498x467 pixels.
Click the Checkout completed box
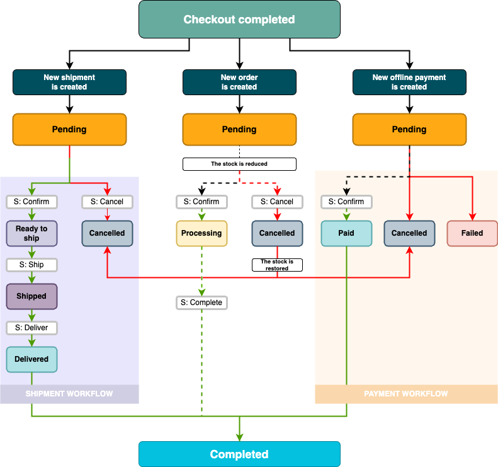(x=239, y=19)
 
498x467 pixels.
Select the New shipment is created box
(x=69, y=82)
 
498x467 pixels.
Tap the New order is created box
(x=239, y=82)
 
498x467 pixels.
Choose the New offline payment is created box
(x=409, y=82)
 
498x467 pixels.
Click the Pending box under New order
(x=239, y=129)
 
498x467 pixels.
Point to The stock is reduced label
(x=239, y=164)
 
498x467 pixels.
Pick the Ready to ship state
(x=31, y=233)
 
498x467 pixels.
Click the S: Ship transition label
(x=31, y=265)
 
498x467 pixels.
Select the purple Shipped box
(x=31, y=296)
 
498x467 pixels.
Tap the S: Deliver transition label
(x=31, y=328)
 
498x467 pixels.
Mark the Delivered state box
(x=31, y=359)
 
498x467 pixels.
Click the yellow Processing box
(x=201, y=233)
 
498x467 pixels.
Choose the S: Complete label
(x=201, y=303)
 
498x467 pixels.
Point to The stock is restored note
(x=277, y=265)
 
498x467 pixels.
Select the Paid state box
(x=346, y=233)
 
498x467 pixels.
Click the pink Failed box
(x=472, y=233)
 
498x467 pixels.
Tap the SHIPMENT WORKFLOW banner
(x=69, y=394)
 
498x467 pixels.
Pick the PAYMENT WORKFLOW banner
(x=406, y=394)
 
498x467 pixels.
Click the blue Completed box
(x=239, y=454)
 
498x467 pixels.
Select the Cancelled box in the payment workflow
(x=409, y=233)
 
